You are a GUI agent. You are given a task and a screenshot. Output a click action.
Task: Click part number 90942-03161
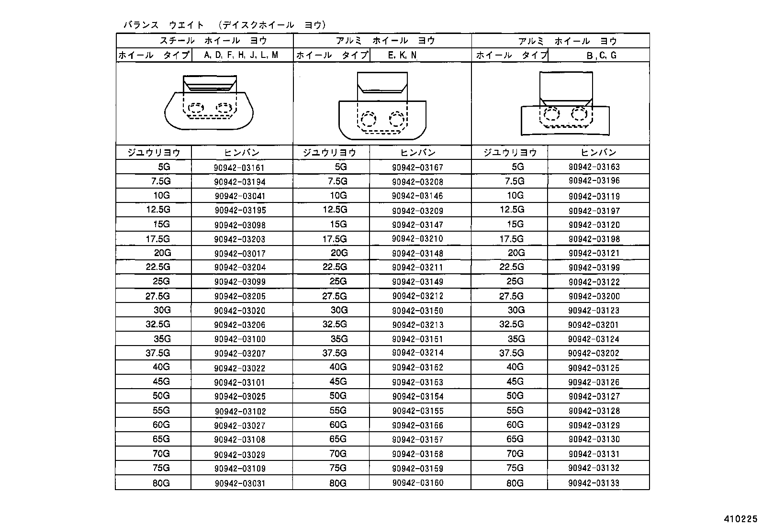239,168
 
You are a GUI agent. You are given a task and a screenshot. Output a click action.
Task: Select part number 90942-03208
417,182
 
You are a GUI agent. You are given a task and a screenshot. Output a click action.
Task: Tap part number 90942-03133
594,483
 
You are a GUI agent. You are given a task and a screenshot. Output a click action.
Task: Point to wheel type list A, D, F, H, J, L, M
241,55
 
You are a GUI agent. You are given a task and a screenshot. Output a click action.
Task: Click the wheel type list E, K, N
402,55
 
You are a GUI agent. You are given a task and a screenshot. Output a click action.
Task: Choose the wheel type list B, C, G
602,56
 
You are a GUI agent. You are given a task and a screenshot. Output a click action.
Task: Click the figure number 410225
740,518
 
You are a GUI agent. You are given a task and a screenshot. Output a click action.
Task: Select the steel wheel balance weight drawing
209,102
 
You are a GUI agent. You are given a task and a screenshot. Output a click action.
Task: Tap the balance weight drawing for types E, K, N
382,105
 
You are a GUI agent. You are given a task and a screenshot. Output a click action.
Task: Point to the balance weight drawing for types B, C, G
565,104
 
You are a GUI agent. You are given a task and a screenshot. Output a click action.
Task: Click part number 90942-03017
239,254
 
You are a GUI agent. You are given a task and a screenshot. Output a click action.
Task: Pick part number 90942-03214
417,353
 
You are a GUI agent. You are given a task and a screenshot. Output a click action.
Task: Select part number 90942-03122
594,282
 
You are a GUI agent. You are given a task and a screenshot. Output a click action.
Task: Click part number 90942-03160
417,483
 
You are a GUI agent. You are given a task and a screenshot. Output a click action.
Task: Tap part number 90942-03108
239,439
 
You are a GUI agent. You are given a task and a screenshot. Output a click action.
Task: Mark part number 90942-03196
594,181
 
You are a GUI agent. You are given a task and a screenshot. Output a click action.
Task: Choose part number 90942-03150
417,311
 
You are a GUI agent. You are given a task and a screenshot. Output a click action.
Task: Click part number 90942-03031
239,483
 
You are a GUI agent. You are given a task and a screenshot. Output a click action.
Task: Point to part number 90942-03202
594,353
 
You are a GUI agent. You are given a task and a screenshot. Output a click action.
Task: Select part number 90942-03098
239,225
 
